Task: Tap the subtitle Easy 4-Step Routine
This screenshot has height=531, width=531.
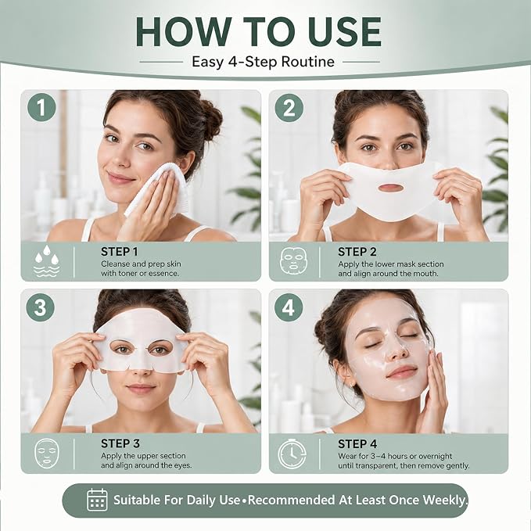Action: (263, 62)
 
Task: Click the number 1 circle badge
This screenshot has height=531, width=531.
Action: (41, 107)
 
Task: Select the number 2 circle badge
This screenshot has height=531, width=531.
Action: (289, 108)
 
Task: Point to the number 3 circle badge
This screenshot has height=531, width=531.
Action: (41, 307)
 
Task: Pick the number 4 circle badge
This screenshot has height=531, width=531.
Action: (289, 307)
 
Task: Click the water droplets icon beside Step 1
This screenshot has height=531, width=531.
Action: (47, 261)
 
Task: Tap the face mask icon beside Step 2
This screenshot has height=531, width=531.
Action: (293, 260)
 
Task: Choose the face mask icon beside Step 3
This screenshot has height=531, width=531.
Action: (47, 454)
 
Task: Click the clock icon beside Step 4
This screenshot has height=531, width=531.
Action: (292, 454)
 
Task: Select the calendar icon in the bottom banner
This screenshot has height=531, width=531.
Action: (97, 500)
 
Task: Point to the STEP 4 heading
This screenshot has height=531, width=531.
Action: (357, 444)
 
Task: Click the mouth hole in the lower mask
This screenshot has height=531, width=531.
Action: (389, 188)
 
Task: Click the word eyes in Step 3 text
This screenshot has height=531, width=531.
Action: (183, 465)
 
